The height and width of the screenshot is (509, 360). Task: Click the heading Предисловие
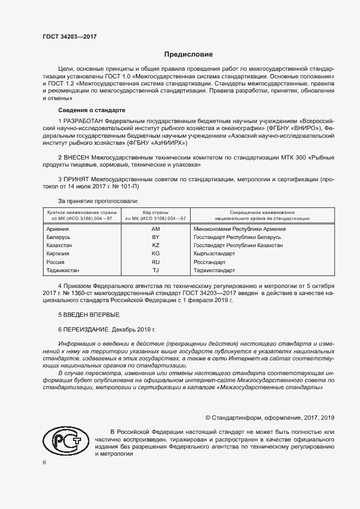[x=189, y=54]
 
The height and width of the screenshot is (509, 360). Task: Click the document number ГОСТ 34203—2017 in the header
[x=70, y=38]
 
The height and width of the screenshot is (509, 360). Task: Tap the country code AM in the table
[x=155, y=229]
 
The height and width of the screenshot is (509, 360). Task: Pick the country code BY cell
[x=155, y=237]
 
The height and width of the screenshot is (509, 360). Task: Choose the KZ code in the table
[x=155, y=246]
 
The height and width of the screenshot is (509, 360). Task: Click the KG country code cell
[x=155, y=254]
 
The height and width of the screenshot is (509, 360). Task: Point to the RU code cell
[x=155, y=262]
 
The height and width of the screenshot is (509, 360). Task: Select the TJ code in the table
[x=155, y=270]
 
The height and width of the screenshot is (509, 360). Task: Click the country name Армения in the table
[x=58, y=229]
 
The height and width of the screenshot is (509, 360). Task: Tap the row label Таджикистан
[x=64, y=270]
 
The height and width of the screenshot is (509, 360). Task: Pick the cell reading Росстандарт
[x=210, y=262]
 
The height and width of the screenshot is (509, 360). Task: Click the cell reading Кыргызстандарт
[x=214, y=254]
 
